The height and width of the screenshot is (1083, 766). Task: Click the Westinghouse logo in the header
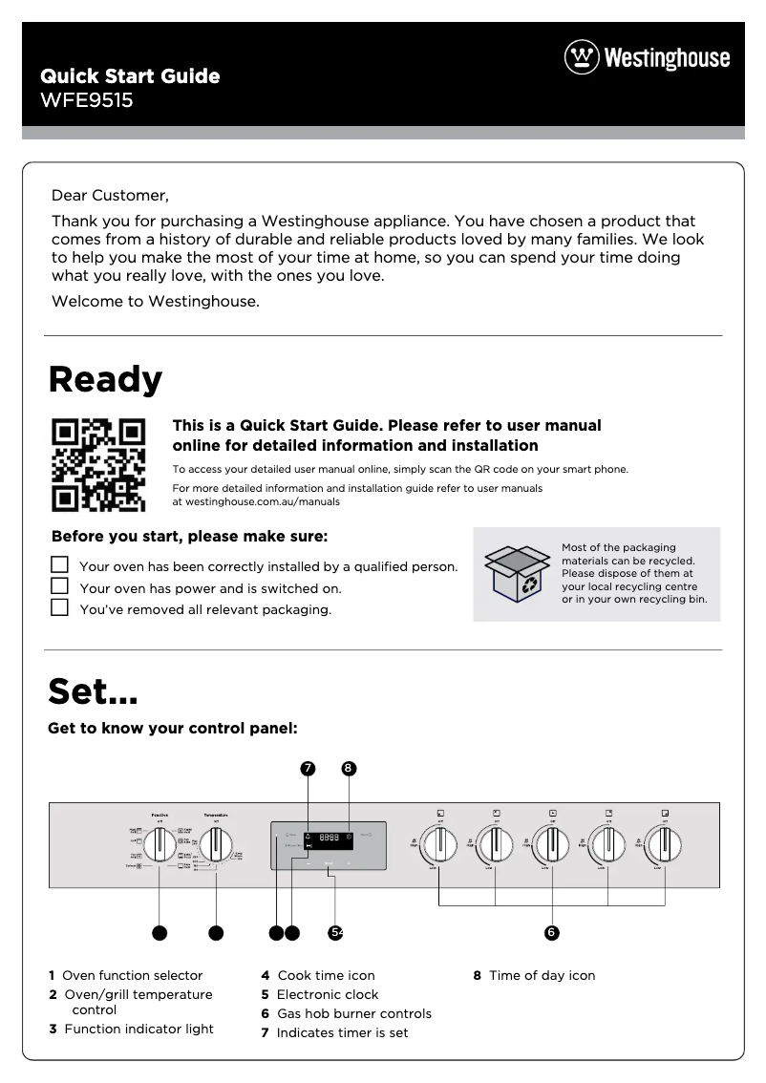click(x=647, y=57)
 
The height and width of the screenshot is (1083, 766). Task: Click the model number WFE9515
click(x=86, y=99)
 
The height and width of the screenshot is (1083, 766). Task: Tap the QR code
click(x=98, y=464)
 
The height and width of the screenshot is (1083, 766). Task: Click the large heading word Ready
click(x=105, y=380)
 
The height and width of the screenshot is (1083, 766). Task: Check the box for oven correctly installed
click(x=60, y=565)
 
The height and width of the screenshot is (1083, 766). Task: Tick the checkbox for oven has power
click(x=60, y=586)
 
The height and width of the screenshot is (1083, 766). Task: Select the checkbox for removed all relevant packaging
click(x=60, y=607)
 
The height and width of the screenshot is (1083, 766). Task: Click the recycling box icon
click(x=517, y=574)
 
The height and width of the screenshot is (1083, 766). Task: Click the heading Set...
click(x=93, y=690)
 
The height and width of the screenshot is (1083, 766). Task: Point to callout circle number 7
click(x=308, y=768)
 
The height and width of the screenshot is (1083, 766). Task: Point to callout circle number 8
click(x=349, y=768)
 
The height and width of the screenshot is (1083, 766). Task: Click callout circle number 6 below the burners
click(x=551, y=932)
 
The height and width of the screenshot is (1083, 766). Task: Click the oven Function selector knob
click(x=160, y=845)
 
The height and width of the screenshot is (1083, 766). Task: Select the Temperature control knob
click(x=217, y=845)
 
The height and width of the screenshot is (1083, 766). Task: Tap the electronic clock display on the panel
click(x=329, y=838)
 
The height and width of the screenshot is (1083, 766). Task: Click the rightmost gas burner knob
click(x=664, y=845)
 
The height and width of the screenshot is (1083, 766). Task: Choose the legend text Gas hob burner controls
click(x=353, y=1013)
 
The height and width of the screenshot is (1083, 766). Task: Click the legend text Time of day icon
click(x=542, y=975)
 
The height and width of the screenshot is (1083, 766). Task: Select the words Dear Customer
click(x=110, y=196)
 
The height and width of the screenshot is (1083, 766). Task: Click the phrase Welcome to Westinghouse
click(x=156, y=302)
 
